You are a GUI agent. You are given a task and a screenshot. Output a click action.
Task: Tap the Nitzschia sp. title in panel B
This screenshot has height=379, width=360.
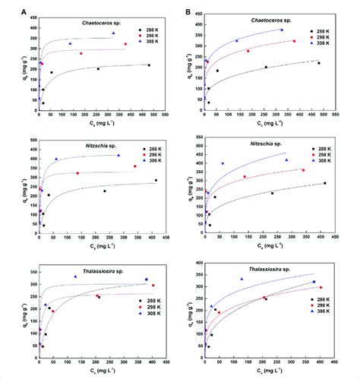pos(274,144)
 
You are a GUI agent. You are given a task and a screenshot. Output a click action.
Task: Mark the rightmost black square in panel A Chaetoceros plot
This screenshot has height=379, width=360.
pos(149,65)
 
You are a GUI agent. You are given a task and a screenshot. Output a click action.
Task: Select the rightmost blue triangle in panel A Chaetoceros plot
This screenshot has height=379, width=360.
pos(113,33)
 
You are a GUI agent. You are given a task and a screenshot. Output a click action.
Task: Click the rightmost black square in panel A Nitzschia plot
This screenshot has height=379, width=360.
pos(156,181)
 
